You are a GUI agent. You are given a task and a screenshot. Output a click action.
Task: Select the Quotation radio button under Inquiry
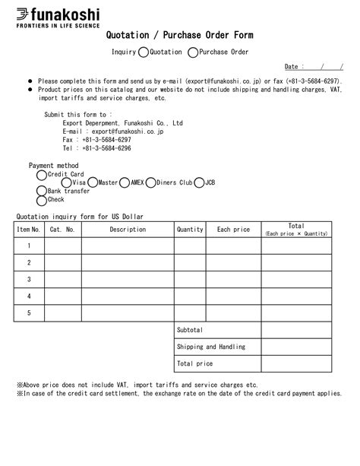click(x=144, y=52)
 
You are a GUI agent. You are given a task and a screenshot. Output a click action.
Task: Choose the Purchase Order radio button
click(x=192, y=52)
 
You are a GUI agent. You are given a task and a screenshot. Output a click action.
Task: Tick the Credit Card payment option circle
click(x=42, y=174)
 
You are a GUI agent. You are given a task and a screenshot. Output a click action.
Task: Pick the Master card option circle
click(x=93, y=182)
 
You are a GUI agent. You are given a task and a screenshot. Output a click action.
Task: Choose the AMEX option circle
click(x=125, y=182)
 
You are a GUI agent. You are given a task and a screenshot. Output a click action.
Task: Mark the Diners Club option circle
click(x=150, y=182)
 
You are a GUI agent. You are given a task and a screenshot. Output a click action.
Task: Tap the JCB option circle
click(x=199, y=182)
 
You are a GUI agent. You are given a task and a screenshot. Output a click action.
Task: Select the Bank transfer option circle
click(x=42, y=192)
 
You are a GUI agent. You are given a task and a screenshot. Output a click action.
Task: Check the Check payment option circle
click(x=42, y=200)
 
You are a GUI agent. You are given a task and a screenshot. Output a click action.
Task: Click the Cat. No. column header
click(x=62, y=229)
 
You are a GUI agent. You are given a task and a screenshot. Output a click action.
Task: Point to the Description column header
click(x=128, y=229)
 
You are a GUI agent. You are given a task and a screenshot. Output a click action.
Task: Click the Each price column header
click(x=233, y=229)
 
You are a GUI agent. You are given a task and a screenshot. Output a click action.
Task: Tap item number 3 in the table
click(x=29, y=279)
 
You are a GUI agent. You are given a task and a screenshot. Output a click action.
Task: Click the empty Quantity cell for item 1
click(x=190, y=246)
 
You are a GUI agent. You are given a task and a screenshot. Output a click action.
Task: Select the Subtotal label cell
click(x=190, y=330)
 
